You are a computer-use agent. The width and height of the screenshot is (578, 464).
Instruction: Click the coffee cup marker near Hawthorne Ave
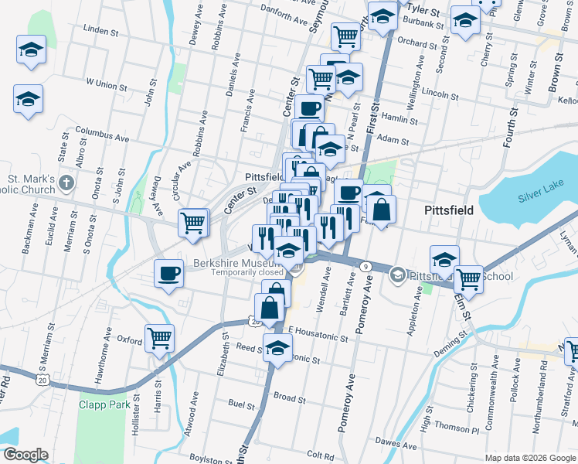tap(169, 274)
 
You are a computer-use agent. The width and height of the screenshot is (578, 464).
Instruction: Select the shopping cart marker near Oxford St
tap(159, 337)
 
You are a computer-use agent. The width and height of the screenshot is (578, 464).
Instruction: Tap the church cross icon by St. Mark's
tap(67, 183)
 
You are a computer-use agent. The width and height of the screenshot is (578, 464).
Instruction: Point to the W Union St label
tap(106, 81)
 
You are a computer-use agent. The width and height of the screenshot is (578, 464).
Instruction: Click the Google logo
tap(25, 454)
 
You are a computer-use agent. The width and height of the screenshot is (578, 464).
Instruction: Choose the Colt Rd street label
tap(319, 455)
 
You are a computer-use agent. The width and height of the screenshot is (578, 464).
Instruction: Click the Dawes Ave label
tap(391, 442)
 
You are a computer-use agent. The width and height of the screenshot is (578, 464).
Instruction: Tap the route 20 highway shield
tap(42, 379)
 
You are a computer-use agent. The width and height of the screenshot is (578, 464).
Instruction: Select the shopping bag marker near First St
tap(381, 209)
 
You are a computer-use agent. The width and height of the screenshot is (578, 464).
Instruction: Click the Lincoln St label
tap(441, 95)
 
